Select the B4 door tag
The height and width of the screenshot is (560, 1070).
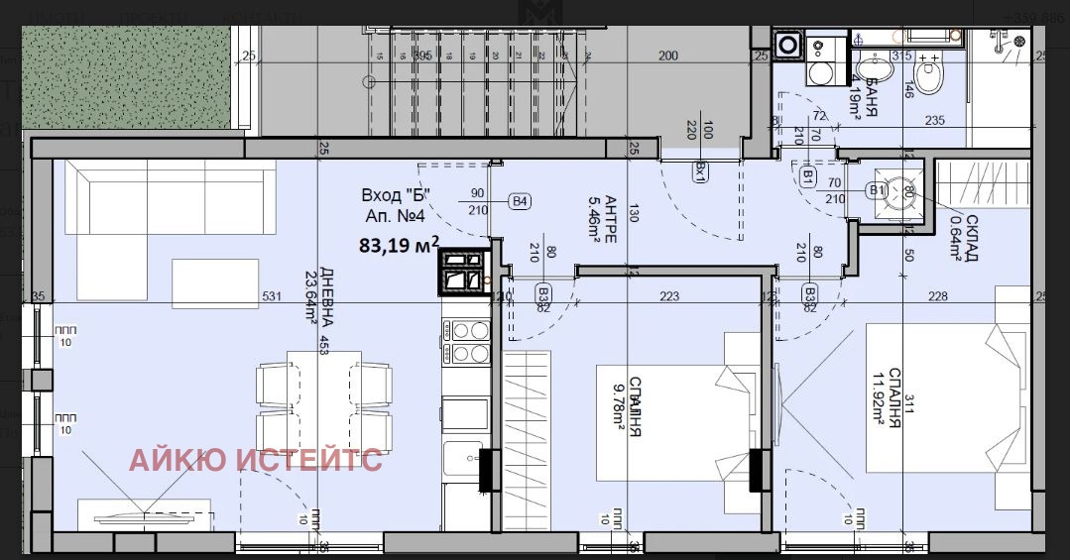tap(520, 202)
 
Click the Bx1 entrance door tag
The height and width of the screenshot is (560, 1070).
tap(700, 172)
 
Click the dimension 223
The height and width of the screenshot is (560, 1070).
tap(669, 295)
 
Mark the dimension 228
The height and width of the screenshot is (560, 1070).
tap(937, 295)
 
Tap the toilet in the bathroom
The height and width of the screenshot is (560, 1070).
tap(930, 75)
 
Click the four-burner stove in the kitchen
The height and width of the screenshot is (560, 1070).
tap(466, 341)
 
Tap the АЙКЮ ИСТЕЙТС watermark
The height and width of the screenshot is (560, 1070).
tap(256, 460)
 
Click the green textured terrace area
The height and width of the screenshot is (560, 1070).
tap(125, 78)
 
